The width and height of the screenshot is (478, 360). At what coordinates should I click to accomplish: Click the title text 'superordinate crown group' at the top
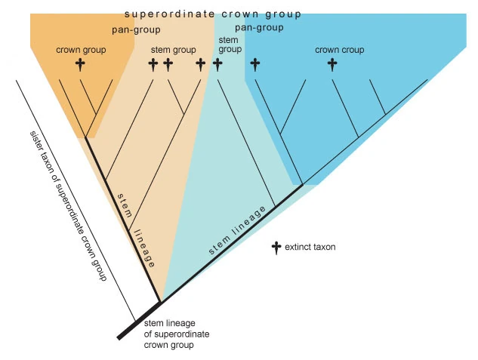212,14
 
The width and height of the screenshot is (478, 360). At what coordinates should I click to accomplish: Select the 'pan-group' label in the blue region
259,28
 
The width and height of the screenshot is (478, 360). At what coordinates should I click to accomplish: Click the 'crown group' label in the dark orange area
81,50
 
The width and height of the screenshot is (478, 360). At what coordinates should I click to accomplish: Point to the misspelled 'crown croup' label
339,50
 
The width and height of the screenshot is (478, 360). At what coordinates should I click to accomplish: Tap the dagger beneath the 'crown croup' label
332,64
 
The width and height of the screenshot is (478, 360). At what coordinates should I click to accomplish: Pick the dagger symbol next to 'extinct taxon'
276,247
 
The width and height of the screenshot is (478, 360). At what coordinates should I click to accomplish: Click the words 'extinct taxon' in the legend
310,247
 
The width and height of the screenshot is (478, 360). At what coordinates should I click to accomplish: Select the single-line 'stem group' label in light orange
174,51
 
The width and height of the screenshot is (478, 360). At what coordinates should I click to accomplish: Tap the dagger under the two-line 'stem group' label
217,64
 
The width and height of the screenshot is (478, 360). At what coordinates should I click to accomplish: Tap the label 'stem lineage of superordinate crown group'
176,334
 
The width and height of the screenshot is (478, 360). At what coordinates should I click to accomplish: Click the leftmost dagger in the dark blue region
254,64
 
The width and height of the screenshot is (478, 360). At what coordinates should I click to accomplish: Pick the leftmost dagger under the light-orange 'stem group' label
153,64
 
